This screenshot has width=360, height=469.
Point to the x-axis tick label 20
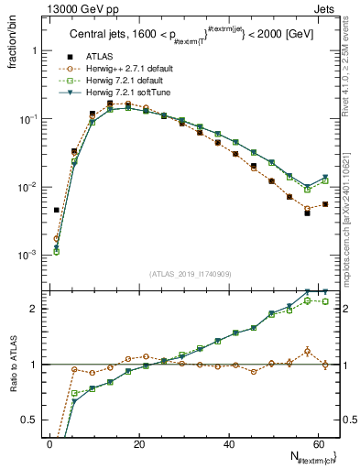click(139, 444)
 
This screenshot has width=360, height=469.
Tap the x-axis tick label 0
click(49, 444)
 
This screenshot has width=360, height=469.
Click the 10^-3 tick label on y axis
click(28, 255)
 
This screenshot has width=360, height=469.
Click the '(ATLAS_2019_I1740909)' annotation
click(190, 273)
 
